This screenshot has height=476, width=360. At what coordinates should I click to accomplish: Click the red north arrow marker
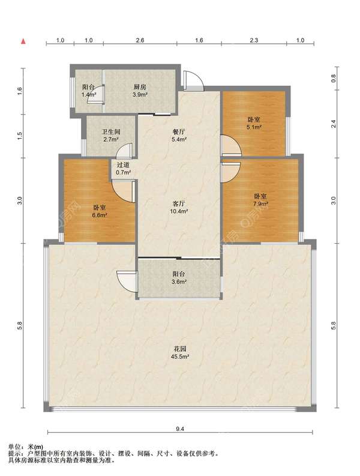coord(23,41)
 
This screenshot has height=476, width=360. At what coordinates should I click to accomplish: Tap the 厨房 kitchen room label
coord(140,87)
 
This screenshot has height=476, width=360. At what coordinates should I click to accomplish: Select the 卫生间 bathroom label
coord(111,131)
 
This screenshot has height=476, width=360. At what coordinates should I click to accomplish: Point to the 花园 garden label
coord(180,349)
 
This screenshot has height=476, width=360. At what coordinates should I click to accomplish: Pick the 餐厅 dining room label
coord(179,132)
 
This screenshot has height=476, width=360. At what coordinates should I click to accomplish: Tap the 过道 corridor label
coord(123,165)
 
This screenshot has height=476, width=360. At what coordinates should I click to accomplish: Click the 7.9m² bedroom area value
coord(260,203)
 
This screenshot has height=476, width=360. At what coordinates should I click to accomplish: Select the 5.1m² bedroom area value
coord(254,127)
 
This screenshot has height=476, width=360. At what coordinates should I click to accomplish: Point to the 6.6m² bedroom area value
coord(100,215)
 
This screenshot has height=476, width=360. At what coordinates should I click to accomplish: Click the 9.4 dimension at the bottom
coord(180,429)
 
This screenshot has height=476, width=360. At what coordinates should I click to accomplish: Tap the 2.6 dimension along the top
coord(140,40)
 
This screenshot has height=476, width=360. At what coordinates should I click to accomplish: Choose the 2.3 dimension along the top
coord(254,40)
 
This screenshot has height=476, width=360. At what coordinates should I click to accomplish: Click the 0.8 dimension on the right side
coord(334,79)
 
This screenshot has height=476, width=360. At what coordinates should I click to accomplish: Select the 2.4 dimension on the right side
coord(334,124)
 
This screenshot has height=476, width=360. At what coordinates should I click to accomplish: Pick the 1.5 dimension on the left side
coord(20,136)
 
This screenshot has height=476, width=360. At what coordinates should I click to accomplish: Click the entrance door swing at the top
coord(193,80)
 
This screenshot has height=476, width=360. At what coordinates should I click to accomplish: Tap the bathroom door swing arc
coord(124,150)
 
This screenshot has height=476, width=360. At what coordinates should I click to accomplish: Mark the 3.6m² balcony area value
coord(179,282)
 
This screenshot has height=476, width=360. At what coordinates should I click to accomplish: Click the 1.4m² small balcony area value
coord(89,94)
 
